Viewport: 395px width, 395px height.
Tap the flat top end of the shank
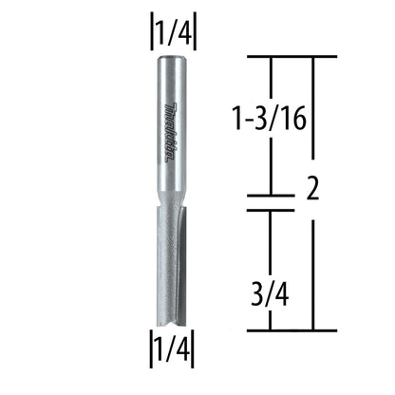[x=173, y=58]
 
